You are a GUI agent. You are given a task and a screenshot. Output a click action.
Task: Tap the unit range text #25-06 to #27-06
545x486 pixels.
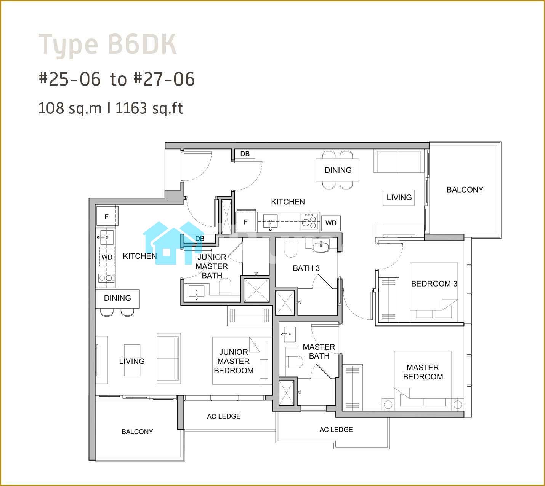click(x=117, y=79)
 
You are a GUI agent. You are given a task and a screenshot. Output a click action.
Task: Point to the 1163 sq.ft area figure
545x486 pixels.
click(x=149, y=108)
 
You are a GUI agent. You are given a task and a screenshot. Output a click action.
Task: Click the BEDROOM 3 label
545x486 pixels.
click(x=434, y=284)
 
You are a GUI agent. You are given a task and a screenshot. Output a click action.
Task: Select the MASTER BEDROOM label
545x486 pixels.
click(x=423, y=372)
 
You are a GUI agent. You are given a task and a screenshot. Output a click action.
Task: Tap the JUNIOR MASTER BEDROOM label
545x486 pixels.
click(x=234, y=361)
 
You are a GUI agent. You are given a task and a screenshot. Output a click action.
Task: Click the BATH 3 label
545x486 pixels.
click(x=306, y=268)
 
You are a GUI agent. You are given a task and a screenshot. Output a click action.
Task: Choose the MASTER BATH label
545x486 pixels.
click(x=319, y=351)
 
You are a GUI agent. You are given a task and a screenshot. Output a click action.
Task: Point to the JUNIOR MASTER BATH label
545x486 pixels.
click(x=212, y=266)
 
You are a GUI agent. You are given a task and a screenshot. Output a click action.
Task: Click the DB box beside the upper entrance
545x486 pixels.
click(x=245, y=154)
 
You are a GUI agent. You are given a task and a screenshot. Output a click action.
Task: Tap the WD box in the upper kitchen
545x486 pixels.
click(x=331, y=223)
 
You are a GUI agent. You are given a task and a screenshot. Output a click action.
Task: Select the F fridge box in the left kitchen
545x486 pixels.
click(x=107, y=217)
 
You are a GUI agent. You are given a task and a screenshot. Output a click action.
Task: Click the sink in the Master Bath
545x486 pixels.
click(x=289, y=334)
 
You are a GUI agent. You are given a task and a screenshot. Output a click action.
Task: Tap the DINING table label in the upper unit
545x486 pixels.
click(x=338, y=170)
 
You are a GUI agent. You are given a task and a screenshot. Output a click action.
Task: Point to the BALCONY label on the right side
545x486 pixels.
click(x=465, y=190)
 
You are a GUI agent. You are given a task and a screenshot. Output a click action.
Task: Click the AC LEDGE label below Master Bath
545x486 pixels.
click(x=336, y=430)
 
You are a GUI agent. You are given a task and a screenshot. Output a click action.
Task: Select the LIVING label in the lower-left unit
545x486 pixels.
click(x=132, y=361)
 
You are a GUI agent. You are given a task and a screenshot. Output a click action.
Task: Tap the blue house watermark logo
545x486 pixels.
click(x=174, y=243)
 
